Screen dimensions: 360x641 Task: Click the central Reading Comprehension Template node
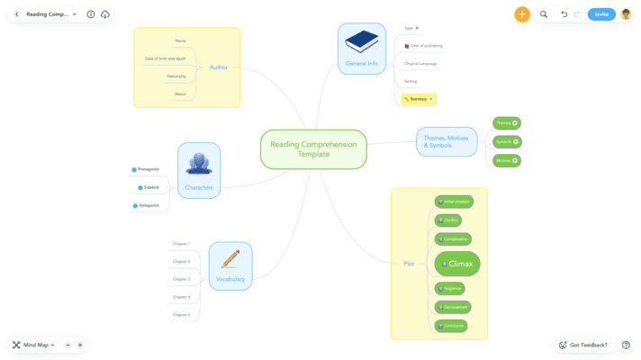point(313,149)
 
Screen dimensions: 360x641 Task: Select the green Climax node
point(457,264)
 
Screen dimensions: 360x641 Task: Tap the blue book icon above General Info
point(362,41)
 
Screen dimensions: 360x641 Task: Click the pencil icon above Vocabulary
point(230,259)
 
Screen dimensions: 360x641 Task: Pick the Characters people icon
point(199,163)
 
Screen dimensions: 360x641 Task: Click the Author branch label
point(218,67)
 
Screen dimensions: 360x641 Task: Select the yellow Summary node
point(419,99)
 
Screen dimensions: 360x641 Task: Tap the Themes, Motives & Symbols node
point(447,141)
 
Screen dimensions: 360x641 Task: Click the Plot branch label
point(409,263)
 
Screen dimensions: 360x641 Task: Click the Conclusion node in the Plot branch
point(452,325)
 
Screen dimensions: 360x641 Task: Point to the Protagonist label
point(148,169)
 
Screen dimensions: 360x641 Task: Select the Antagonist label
point(148,205)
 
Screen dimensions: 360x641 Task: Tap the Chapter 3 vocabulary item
point(182,279)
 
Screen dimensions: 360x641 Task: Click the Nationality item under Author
point(176,76)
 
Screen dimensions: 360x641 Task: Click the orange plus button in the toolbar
point(522,14)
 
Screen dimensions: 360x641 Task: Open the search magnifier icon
point(544,14)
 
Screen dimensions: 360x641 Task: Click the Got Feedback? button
point(583,345)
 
